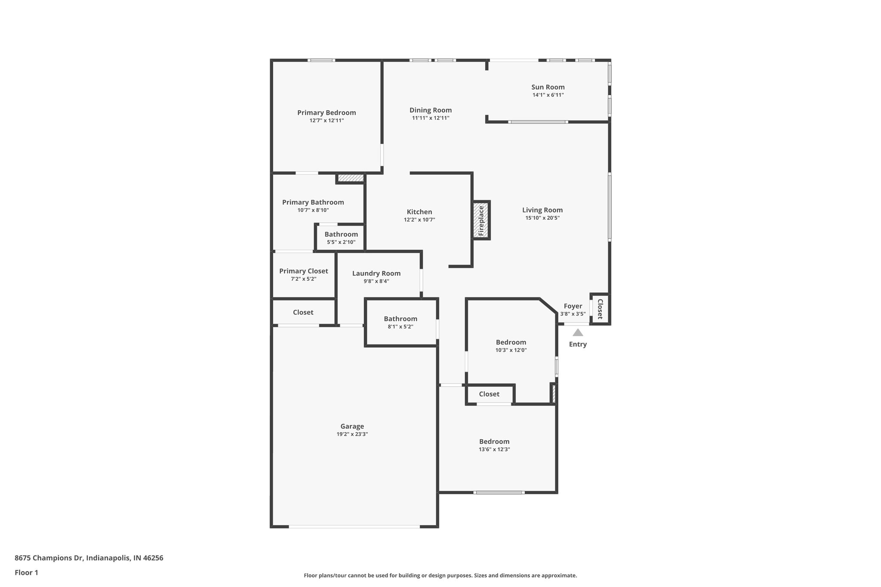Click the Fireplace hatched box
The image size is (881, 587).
(x=481, y=220)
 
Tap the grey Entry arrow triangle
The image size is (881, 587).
(x=578, y=332)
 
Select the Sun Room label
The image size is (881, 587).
(x=548, y=87)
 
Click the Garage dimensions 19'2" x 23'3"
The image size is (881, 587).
(x=352, y=434)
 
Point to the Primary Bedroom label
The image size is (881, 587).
(x=327, y=113)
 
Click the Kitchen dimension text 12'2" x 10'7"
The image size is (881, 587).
(x=419, y=220)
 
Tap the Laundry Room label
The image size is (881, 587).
(x=376, y=274)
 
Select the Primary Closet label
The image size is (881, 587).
(x=303, y=271)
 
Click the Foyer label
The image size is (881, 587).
(x=573, y=306)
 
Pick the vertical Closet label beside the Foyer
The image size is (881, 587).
(x=600, y=309)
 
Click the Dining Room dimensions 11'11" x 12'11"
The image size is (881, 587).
(x=430, y=118)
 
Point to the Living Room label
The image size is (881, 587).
(x=542, y=210)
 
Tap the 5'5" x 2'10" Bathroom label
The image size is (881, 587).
(x=341, y=234)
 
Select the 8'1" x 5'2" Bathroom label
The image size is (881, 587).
(x=400, y=319)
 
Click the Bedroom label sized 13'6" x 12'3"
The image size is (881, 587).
(x=494, y=442)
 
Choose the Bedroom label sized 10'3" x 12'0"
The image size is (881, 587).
(x=511, y=342)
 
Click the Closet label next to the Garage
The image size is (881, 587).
(x=303, y=312)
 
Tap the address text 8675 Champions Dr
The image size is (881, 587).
(x=89, y=558)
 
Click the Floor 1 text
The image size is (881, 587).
(x=26, y=572)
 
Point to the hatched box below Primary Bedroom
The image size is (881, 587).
(x=351, y=178)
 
